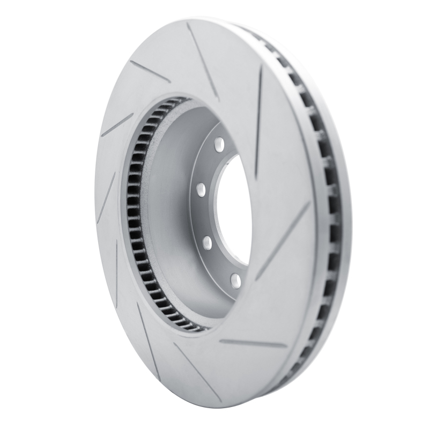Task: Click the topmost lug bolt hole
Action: pos(219,143)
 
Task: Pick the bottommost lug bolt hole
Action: pos(234,279)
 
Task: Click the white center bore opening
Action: pos(236,209)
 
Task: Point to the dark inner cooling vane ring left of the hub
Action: pos(134,214)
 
